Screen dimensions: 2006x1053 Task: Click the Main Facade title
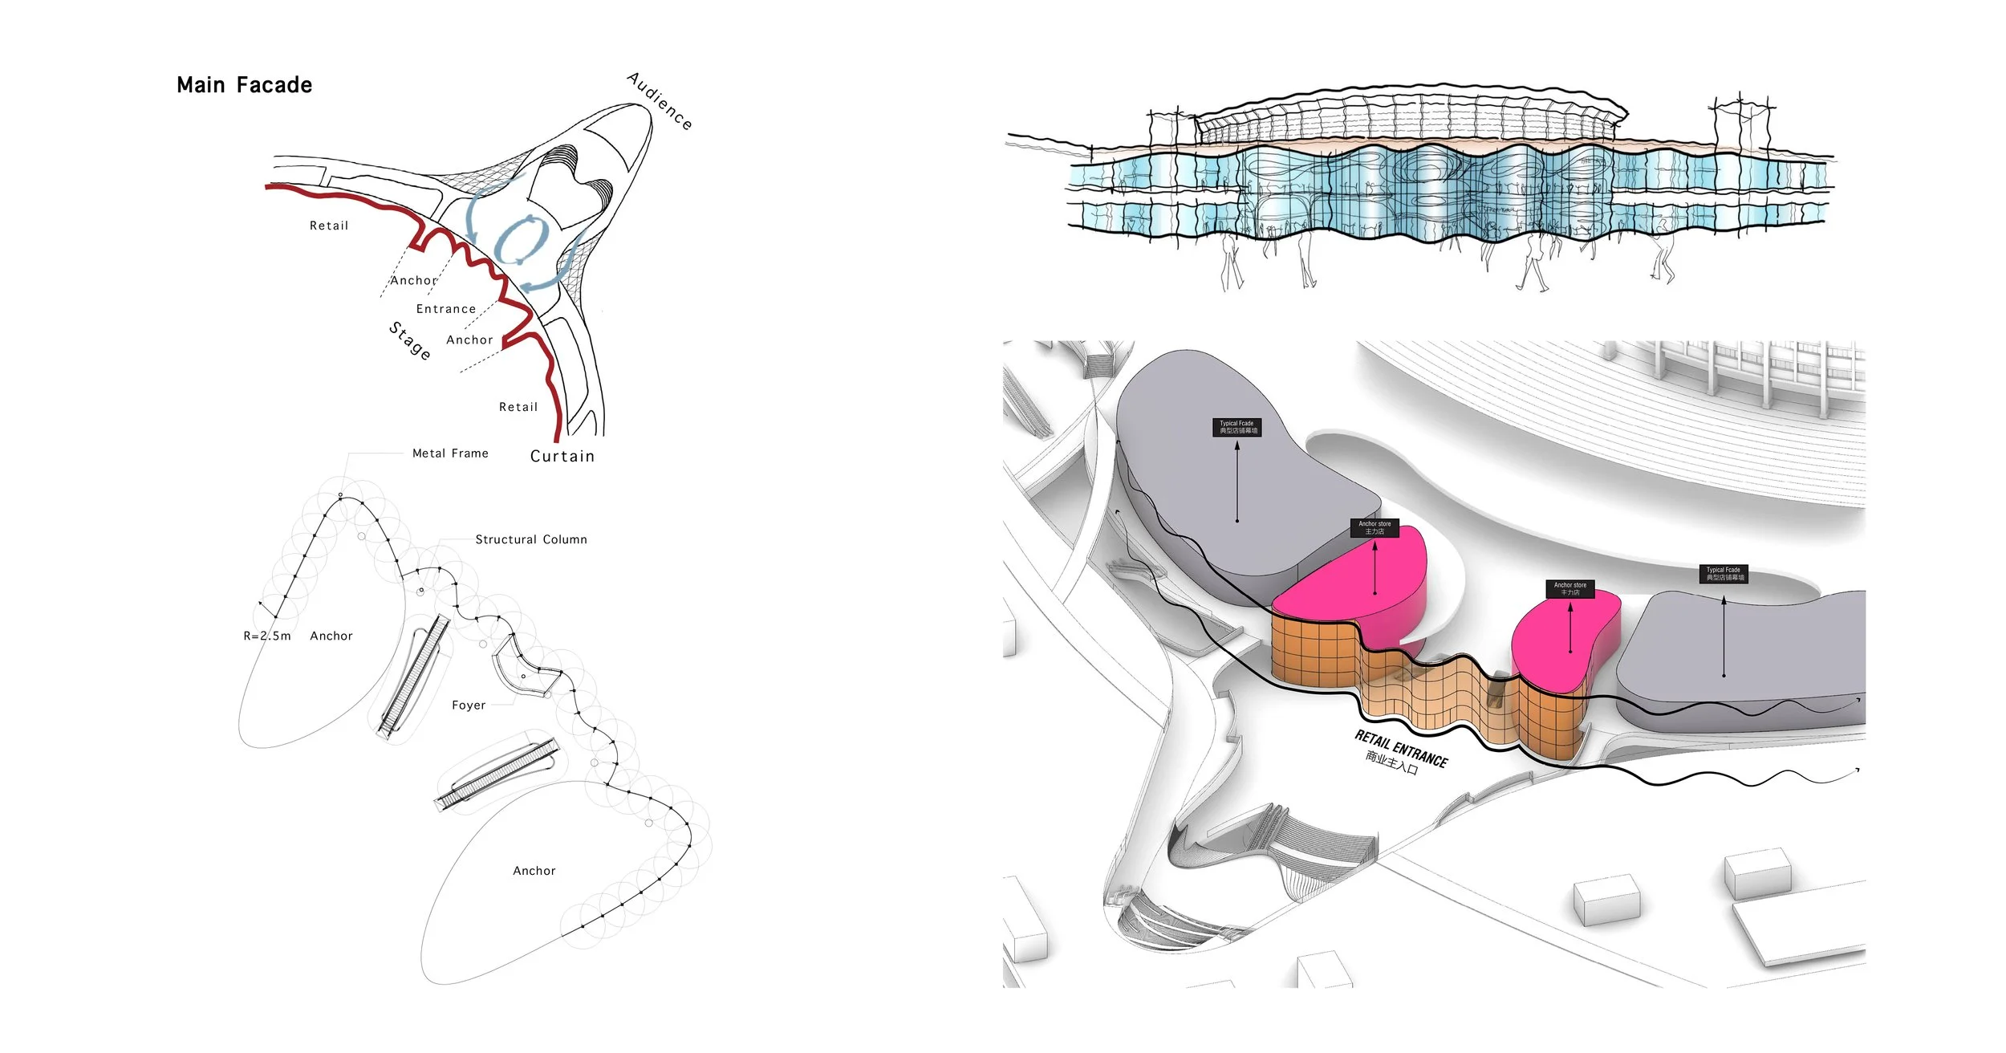point(244,85)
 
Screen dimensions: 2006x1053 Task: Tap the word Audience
point(660,100)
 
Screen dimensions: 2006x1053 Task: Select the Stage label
point(410,340)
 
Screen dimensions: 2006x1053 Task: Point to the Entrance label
point(446,309)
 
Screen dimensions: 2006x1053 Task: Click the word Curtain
point(562,456)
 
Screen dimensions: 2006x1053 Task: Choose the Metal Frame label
point(450,453)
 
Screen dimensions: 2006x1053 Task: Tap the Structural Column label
point(531,539)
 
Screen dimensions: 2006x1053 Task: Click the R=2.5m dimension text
point(267,636)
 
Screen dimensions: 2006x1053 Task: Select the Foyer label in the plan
point(469,705)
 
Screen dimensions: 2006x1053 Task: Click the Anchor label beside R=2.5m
point(331,636)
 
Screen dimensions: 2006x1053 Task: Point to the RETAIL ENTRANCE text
point(1401,748)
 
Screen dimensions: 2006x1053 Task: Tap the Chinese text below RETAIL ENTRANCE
point(1391,762)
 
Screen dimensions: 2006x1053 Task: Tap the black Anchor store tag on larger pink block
point(1375,527)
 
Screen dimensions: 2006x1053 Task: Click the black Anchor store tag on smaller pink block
point(1570,589)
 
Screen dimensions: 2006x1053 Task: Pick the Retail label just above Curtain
point(518,407)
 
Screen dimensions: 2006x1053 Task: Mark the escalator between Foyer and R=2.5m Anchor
point(414,676)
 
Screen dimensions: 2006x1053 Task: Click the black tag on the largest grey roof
point(1236,427)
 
